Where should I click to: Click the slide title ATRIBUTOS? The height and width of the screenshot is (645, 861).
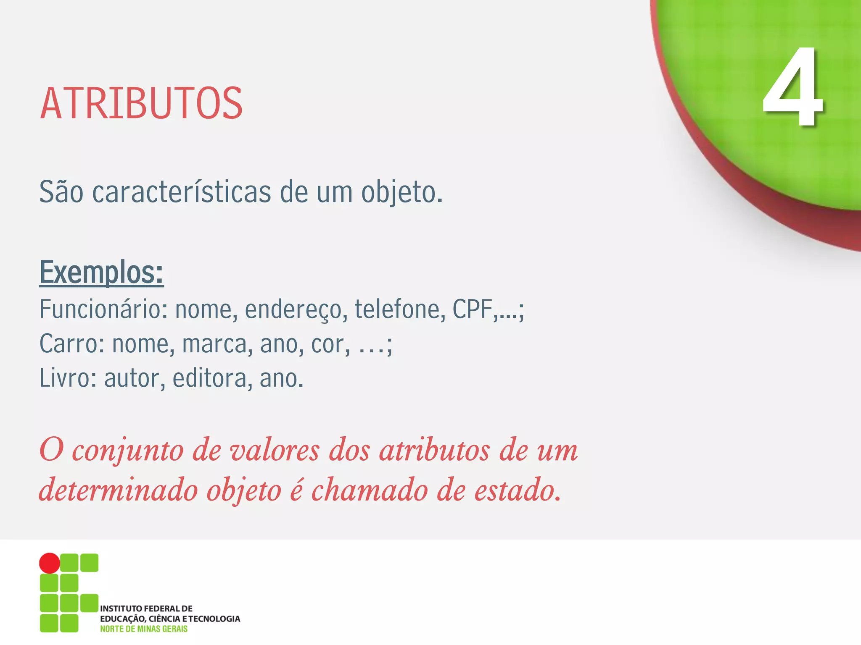click(x=141, y=103)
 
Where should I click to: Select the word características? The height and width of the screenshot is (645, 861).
click(x=182, y=192)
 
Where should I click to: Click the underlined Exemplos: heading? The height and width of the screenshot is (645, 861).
click(x=101, y=273)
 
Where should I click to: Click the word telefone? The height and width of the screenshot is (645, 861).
click(x=400, y=309)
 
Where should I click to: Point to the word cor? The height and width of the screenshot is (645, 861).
click(x=330, y=345)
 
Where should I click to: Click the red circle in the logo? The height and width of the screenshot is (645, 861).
click(x=50, y=563)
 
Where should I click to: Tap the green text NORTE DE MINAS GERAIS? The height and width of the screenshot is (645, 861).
click(x=144, y=629)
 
